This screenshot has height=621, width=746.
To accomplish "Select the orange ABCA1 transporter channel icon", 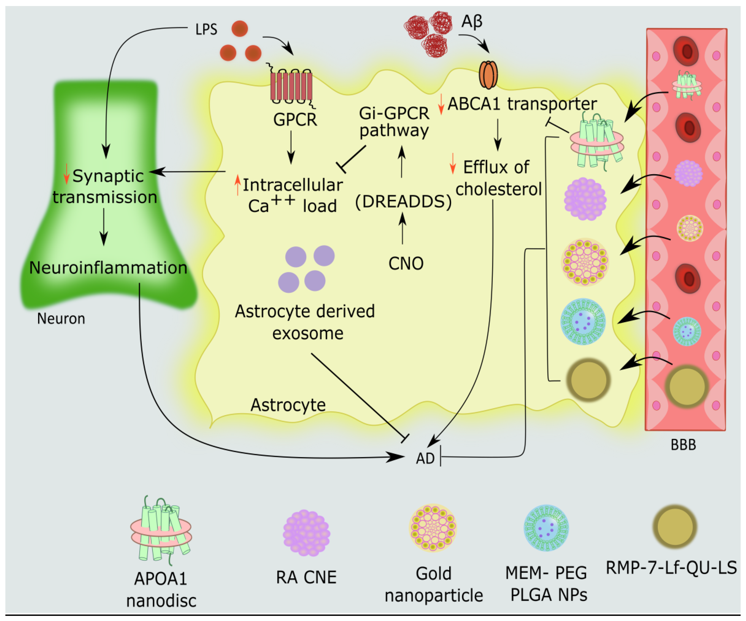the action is pyautogui.click(x=489, y=74).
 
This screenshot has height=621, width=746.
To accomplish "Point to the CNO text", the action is pyautogui.click(x=406, y=263).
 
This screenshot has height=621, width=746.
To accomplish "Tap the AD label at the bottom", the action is pyautogui.click(x=425, y=458).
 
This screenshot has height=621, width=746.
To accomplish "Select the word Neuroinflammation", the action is pyautogui.click(x=108, y=268).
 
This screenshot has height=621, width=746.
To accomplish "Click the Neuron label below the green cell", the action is pyautogui.click(x=61, y=318).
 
